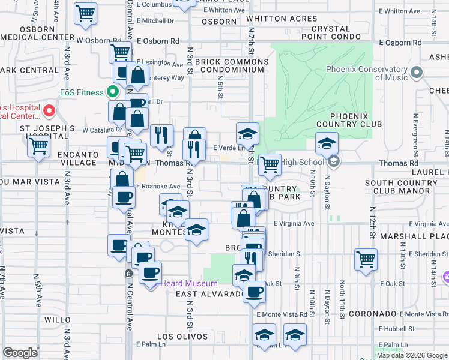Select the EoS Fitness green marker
(x=112, y=92)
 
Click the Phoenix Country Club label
(x=355, y=120)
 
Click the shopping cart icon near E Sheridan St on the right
(x=366, y=259)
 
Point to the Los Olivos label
(x=182, y=337)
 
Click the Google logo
(x=20, y=353)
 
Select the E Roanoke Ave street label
(x=158, y=187)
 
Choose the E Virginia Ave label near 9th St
(x=294, y=224)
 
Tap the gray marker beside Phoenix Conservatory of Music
(x=417, y=73)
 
